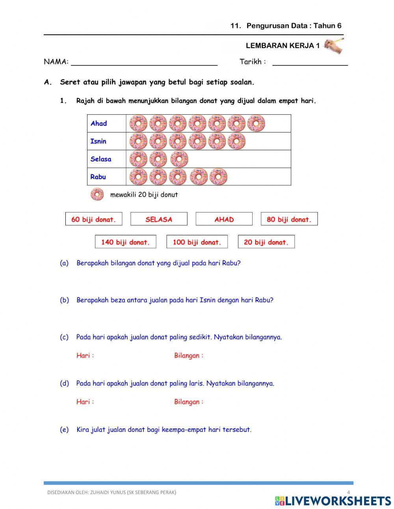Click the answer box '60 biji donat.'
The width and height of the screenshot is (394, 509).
94,219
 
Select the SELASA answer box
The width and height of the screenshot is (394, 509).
159,219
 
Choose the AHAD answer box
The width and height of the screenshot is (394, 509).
224,219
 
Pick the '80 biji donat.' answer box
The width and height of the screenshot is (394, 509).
289,219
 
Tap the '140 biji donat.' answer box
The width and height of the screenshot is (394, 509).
126,242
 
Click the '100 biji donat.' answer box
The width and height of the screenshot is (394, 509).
197,242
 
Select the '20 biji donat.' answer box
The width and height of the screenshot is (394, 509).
266,242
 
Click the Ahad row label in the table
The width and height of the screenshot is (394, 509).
99,123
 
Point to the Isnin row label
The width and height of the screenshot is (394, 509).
98,141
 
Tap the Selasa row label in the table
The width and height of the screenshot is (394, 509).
101,159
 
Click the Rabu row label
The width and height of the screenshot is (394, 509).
98,177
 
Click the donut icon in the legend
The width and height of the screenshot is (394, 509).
97,194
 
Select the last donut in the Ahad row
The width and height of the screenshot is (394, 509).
256,123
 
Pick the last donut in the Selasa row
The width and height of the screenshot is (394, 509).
179,159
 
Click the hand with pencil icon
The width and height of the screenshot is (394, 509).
333,46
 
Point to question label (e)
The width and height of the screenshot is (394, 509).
64,429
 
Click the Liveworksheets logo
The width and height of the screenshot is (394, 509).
333,501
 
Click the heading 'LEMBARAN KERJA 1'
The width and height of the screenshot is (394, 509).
282,46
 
